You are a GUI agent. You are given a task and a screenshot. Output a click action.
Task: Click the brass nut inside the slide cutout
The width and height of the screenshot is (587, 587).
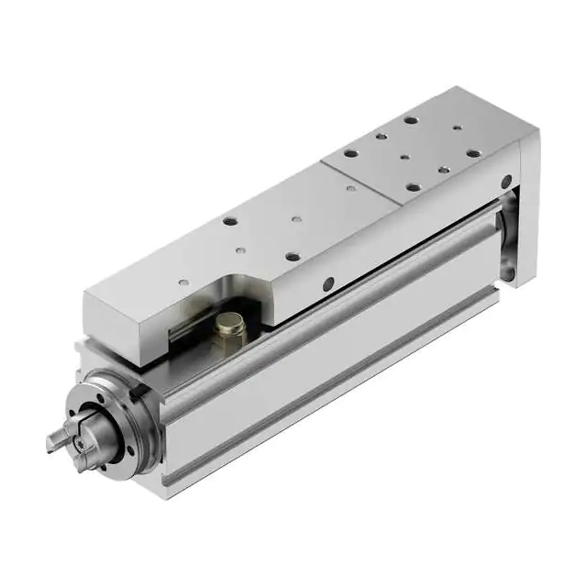(229, 325)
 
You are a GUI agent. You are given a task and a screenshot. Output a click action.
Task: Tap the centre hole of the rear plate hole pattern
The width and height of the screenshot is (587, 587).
(404, 157)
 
